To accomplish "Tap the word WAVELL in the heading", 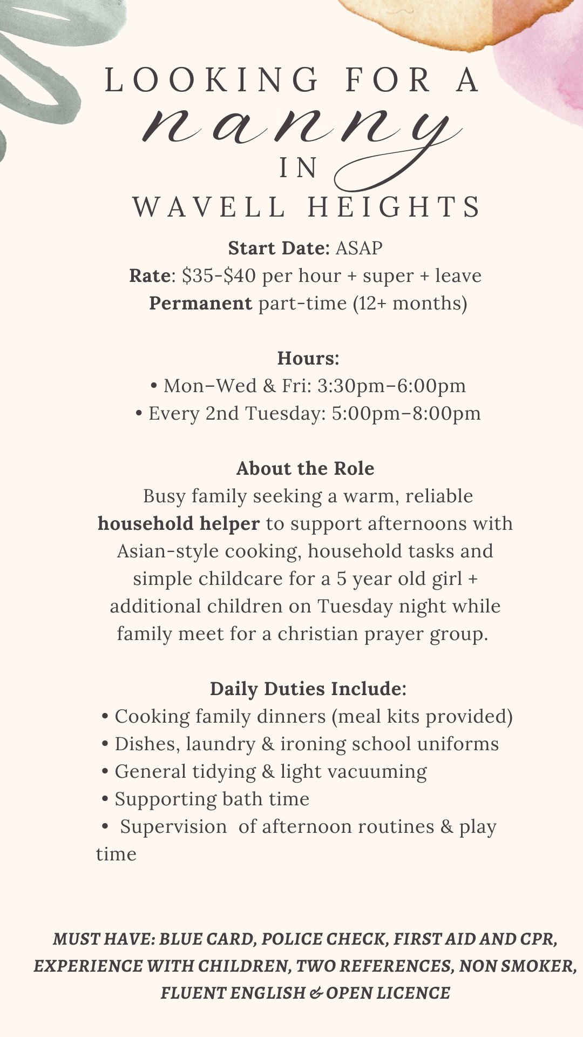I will [209, 207].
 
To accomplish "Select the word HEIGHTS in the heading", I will [394, 207].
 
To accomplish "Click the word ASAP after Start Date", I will [359, 248].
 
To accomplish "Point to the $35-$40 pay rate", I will [219, 276].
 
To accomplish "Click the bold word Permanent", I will [200, 304].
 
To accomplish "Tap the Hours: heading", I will [308, 359].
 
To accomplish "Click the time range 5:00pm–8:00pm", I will [406, 414].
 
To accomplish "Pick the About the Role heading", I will [305, 469].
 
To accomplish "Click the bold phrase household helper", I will [179, 524].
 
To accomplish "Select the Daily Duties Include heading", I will [308, 689].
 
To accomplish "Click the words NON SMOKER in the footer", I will [517, 966].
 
